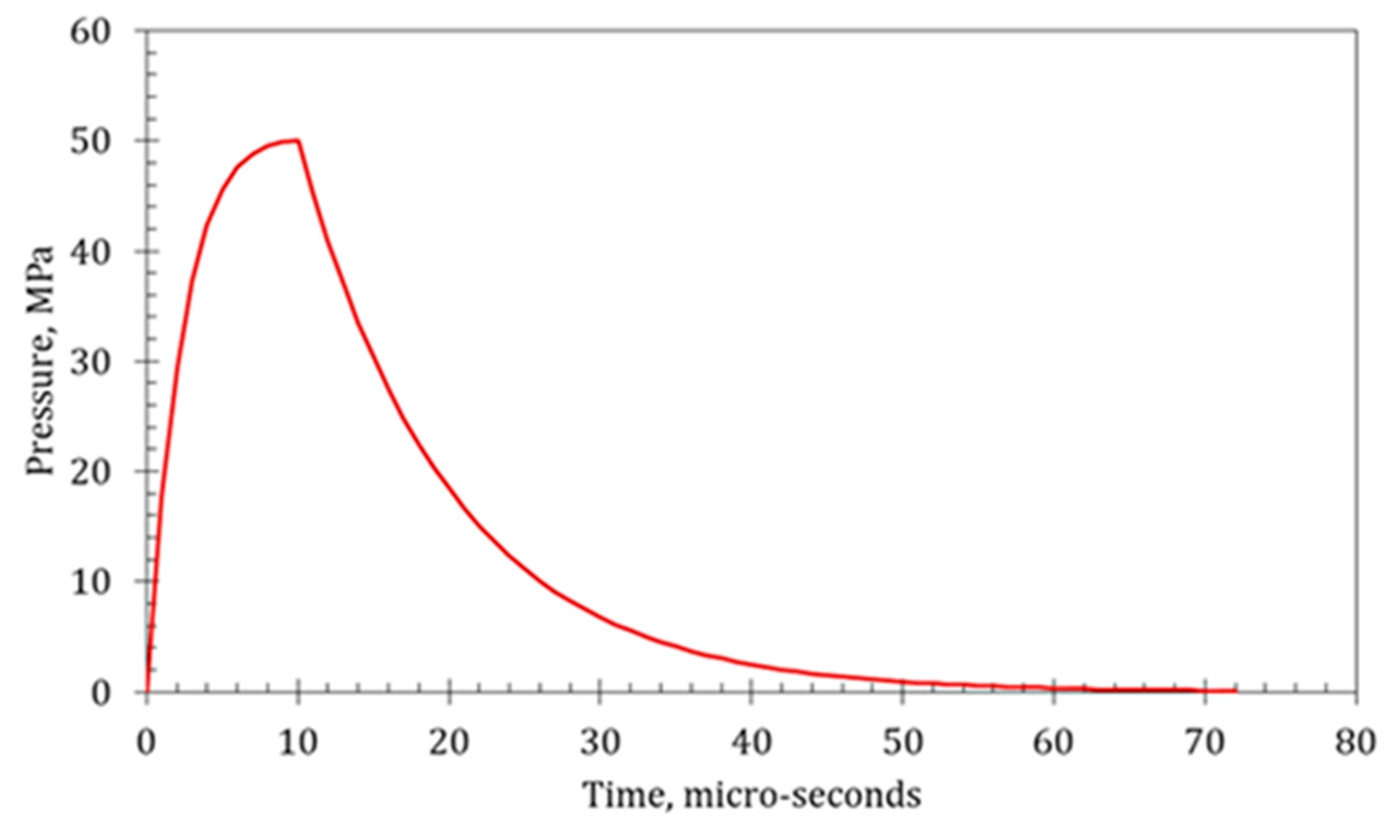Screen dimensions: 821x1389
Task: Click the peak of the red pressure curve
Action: tap(298, 140)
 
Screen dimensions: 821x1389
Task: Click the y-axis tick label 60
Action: tap(91, 31)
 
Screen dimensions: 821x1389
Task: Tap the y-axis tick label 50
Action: tap(91, 141)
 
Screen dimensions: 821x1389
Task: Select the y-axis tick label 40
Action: tap(91, 251)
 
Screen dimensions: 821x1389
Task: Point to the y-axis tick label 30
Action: tap(91, 362)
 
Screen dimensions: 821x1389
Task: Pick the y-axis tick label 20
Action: tap(91, 471)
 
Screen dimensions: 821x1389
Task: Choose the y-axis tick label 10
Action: tap(91, 581)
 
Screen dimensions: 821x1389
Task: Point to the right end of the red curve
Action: tap(1236, 690)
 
